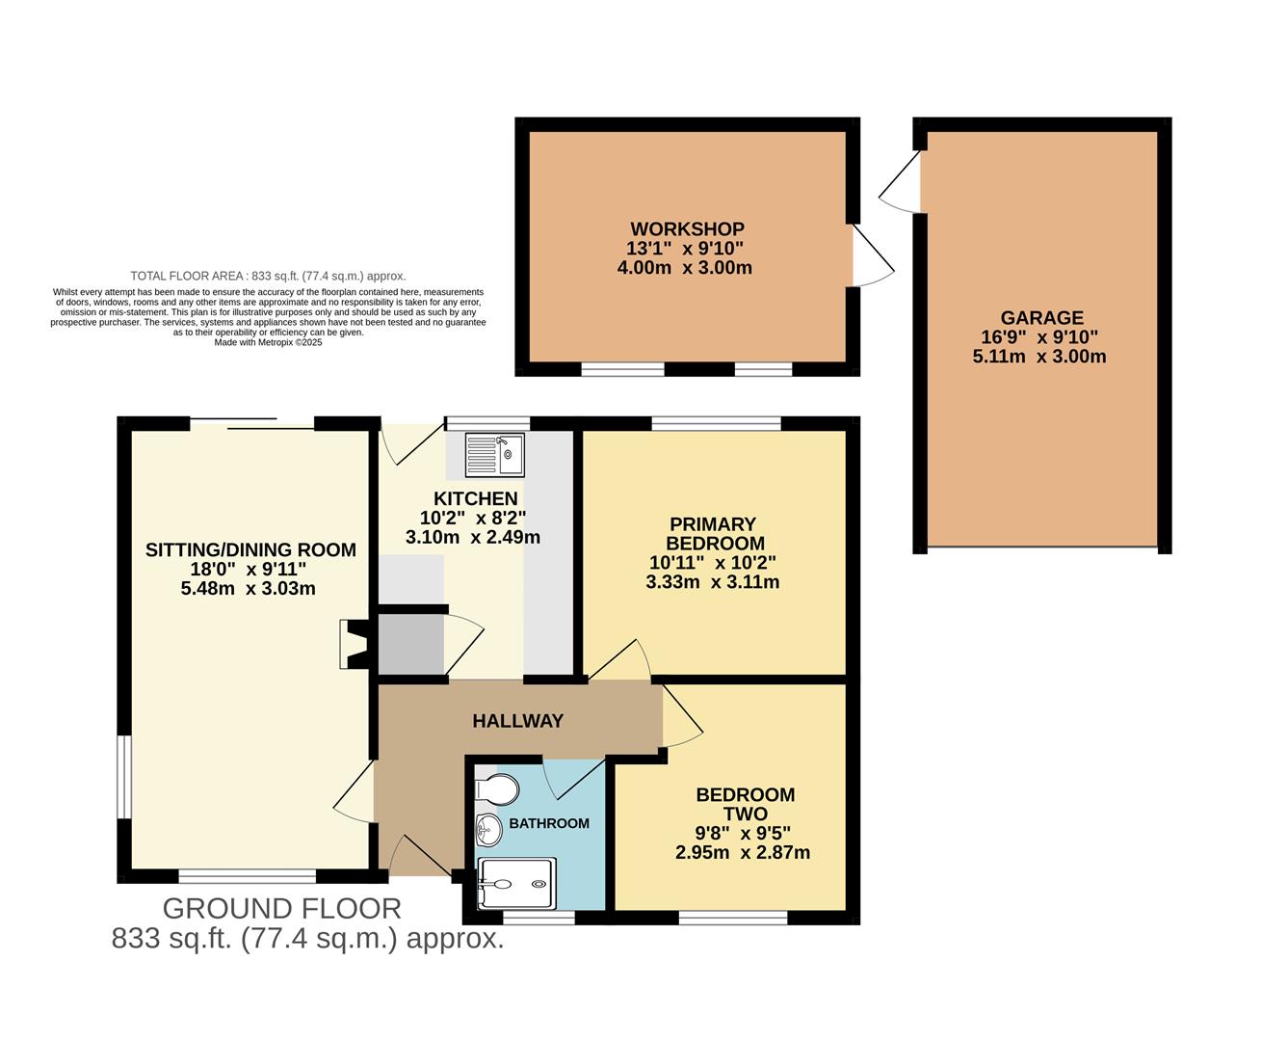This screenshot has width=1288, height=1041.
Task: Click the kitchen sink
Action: [x=494, y=455]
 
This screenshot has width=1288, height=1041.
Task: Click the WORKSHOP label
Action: [x=687, y=229]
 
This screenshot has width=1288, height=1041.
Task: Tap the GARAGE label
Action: [x=1041, y=318]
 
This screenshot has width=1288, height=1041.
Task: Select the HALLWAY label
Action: [x=517, y=721]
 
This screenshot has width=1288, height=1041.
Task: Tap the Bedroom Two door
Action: [x=681, y=718]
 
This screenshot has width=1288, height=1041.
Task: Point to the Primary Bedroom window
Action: [x=716, y=423]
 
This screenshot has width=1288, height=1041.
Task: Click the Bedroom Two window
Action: [x=733, y=917]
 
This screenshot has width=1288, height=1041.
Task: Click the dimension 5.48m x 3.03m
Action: [x=249, y=588]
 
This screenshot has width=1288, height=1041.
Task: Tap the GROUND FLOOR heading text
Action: [x=281, y=908]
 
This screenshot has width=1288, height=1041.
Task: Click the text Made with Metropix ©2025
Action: [x=268, y=342]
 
